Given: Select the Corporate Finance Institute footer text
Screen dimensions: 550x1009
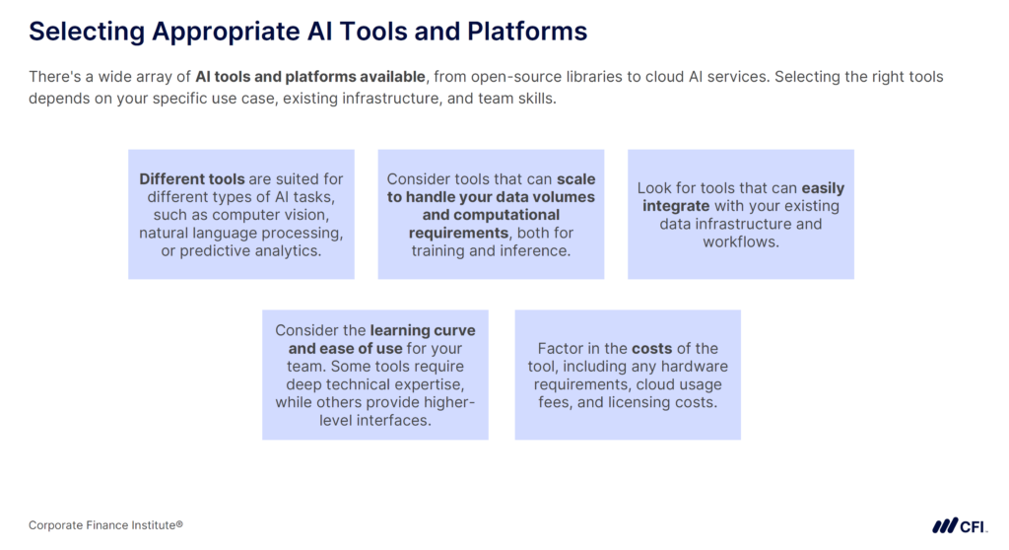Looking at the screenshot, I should [x=105, y=525].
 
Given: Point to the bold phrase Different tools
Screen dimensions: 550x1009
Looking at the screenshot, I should [x=192, y=179].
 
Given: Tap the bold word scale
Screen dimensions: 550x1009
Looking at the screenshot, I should [x=576, y=179].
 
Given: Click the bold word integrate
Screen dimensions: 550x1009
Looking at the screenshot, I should [x=676, y=206].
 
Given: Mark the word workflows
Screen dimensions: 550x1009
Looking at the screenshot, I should [x=740, y=241].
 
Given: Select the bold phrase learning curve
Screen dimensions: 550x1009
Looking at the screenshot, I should [x=422, y=330].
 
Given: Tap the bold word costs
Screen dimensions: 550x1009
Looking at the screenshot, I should [x=650, y=348].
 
